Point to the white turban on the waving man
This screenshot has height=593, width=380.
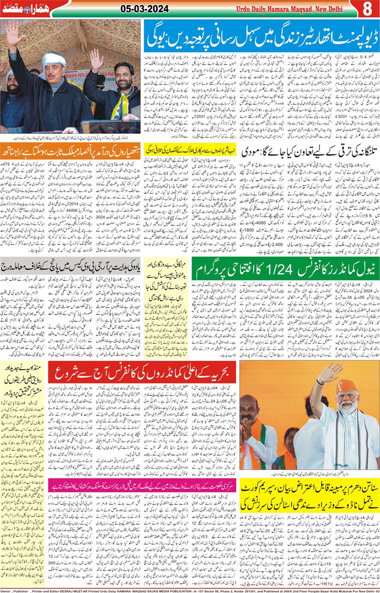[x=54, y=59]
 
